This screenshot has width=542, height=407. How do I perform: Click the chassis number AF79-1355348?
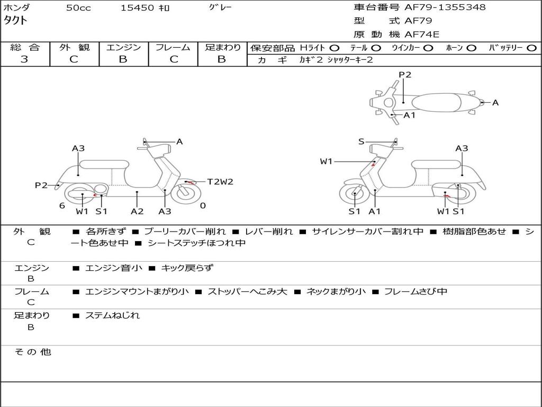coord(445,7)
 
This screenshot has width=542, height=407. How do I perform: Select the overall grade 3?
coord(24,59)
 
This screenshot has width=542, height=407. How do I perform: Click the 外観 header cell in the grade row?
coord(74,47)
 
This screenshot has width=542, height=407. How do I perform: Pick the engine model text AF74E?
coord(422,34)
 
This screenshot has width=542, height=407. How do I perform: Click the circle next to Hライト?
coord(335,48)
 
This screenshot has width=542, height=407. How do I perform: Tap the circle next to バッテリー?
coord(532,48)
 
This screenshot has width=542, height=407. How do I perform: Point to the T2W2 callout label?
coord(220,181)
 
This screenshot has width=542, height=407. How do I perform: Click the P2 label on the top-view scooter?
coord(405,74)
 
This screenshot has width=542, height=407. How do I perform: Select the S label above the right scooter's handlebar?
coord(361,141)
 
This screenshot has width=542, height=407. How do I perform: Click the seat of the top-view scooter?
coord(436,103)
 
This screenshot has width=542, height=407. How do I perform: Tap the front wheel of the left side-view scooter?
coord(186,193)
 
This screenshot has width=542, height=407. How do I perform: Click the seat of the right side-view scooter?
coord(437,164)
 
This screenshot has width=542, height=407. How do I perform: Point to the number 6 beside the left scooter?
coord(62,206)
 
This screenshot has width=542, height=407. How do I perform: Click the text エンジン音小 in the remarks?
coord(114,268)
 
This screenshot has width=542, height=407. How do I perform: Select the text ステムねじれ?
coord(112,315)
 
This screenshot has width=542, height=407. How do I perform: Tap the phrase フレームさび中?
coord(416,291)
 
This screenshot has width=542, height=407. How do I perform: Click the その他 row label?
coord(33,352)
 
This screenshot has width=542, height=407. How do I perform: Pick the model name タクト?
coord(15,21)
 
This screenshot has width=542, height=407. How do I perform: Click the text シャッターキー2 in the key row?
coord(350,60)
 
